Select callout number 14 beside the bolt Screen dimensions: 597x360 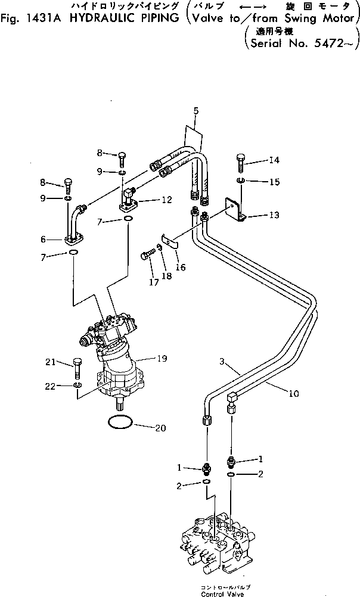coord(274,160)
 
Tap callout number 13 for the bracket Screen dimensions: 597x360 coord(274,215)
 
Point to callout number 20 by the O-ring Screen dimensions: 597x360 coord(160,428)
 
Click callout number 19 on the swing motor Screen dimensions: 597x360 coord(161,359)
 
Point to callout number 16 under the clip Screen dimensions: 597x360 coord(180,268)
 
